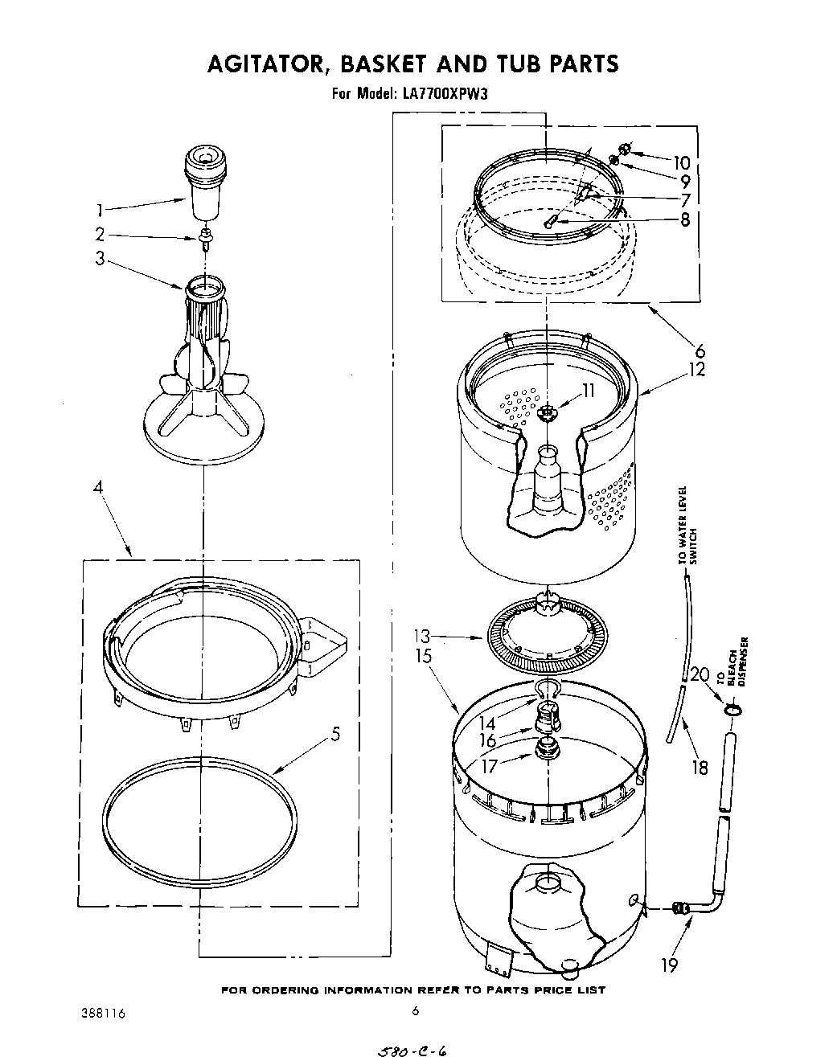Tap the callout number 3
click(100, 260)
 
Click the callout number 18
click(700, 767)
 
